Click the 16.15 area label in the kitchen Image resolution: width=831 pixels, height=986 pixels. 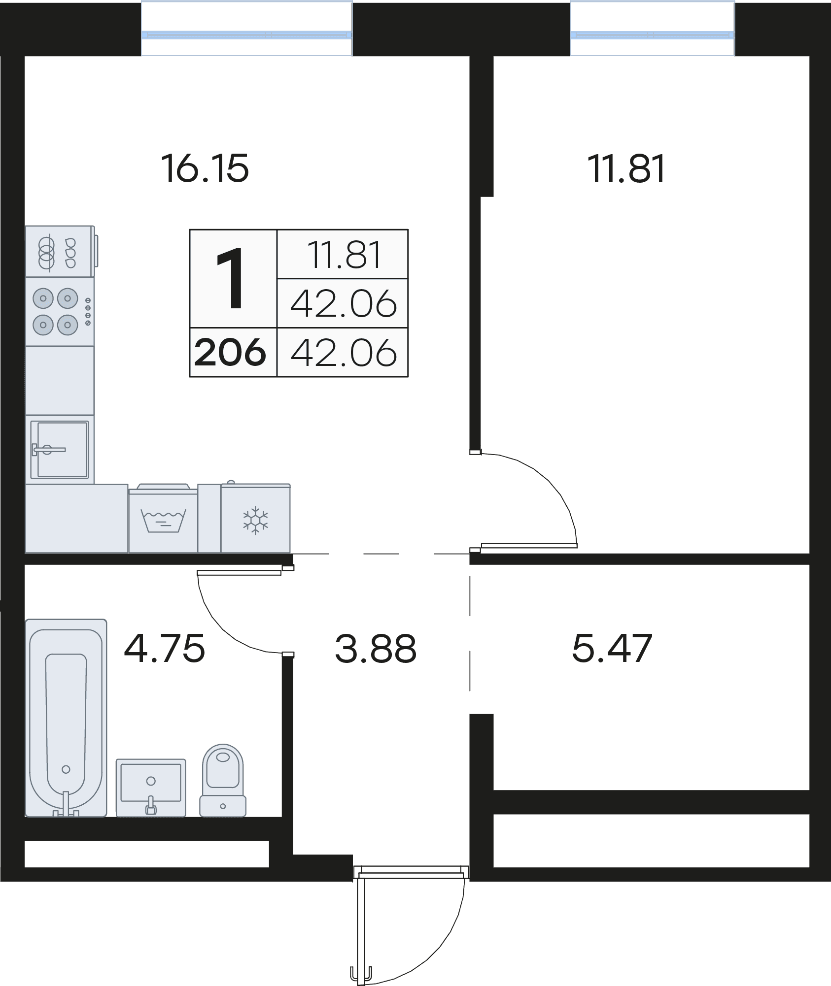(x=205, y=168)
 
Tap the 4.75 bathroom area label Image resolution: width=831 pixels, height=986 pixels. (x=164, y=648)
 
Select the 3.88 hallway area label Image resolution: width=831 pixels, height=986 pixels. (x=376, y=648)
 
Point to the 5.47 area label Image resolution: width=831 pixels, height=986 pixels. (x=612, y=648)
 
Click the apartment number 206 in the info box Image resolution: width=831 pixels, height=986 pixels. (x=231, y=353)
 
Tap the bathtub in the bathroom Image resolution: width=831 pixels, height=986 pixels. (x=66, y=718)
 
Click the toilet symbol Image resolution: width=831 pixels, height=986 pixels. (x=223, y=780)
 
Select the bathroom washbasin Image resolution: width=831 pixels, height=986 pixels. (x=151, y=787)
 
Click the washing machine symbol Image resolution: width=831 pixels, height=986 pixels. (x=163, y=518)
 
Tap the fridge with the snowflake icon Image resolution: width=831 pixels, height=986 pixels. (x=255, y=518)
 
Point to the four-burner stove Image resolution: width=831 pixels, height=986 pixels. (x=60, y=311)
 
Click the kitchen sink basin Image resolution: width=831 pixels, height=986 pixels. (x=60, y=449)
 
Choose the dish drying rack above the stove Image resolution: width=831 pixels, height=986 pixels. (x=60, y=251)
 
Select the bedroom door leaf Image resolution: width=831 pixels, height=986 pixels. (x=529, y=545)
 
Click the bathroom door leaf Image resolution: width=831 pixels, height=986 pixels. (x=239, y=572)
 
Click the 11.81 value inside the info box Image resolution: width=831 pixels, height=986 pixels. (x=345, y=255)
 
